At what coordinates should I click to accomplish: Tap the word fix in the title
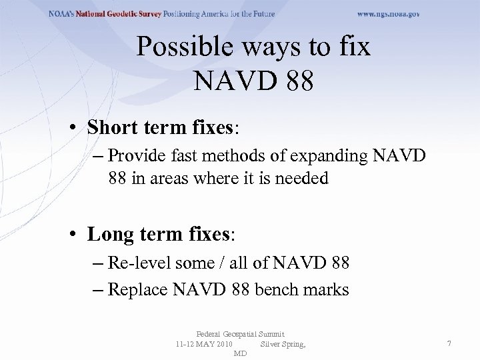(355, 47)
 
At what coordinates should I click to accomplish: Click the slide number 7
(449, 343)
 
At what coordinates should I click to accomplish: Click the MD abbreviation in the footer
(241, 353)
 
